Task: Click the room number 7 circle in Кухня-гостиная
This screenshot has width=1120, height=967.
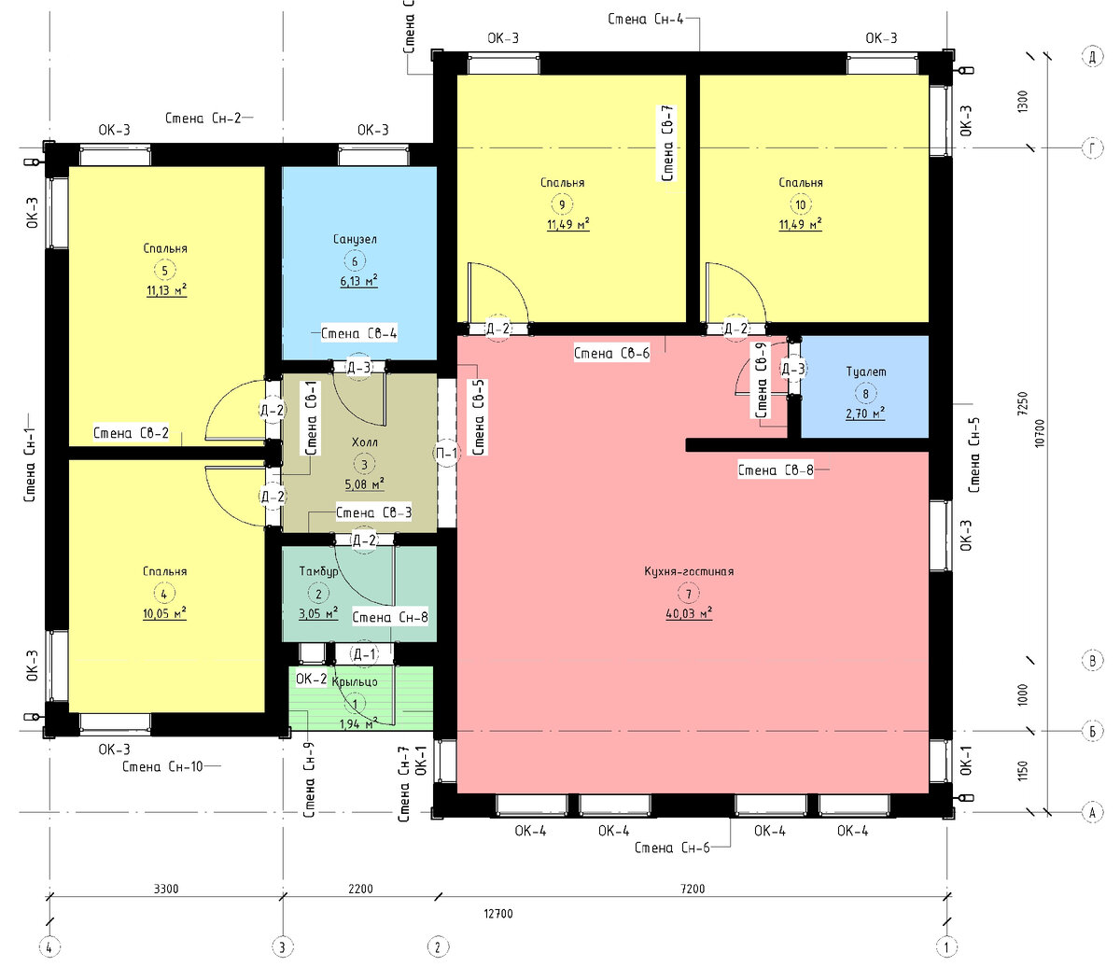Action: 688,594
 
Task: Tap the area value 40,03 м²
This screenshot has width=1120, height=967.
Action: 689,613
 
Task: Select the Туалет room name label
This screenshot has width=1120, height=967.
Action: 866,371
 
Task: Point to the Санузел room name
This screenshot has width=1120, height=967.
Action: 355,239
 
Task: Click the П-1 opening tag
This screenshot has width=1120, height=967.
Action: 446,453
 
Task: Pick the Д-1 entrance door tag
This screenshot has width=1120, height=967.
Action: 364,655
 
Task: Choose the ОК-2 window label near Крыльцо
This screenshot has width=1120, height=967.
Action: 311,679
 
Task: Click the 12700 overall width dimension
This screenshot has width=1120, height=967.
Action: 498,914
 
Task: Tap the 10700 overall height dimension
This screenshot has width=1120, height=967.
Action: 1039,434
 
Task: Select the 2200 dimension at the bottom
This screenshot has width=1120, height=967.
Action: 360,889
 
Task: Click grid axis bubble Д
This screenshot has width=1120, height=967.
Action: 1092,56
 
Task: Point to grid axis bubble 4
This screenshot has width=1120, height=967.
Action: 49,947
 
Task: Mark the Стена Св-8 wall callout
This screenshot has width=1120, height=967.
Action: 776,469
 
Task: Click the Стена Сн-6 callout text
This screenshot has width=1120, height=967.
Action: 672,848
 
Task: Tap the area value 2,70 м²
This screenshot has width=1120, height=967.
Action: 865,414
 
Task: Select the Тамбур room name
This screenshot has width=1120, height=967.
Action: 318,571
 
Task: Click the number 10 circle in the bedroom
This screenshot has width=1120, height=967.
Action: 800,205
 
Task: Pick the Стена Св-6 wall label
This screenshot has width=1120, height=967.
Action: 611,354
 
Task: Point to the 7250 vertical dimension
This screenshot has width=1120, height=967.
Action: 1023,403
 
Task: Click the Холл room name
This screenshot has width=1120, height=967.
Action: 365,442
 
